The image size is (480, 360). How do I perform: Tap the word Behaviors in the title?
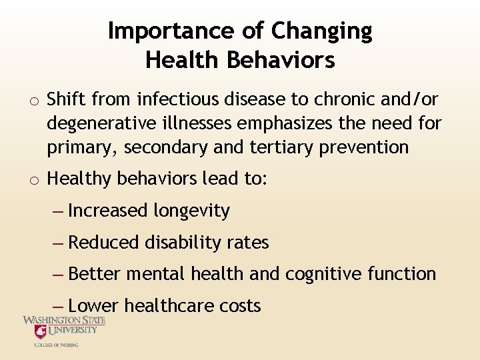[281, 61]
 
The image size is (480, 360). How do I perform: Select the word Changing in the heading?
[322, 31]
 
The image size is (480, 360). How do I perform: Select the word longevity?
[191, 211]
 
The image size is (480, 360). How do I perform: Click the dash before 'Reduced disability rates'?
[58, 243]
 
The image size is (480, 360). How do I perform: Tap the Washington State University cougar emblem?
[41, 331]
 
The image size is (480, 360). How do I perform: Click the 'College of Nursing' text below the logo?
[56, 345]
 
